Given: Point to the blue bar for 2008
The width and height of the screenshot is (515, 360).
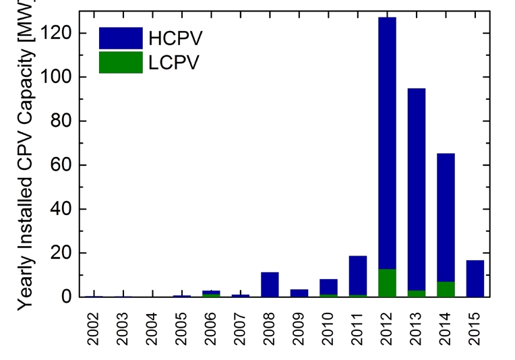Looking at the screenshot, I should pyautogui.click(x=270, y=284).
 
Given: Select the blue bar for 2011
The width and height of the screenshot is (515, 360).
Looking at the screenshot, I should pyautogui.click(x=358, y=276).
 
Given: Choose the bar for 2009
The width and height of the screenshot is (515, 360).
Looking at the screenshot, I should pyautogui.click(x=299, y=293).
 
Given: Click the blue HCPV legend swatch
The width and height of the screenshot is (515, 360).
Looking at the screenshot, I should pyautogui.click(x=121, y=38).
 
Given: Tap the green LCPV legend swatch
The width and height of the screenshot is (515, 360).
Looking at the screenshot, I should pyautogui.click(x=121, y=62).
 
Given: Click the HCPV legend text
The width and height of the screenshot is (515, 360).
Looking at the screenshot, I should pyautogui.click(x=175, y=38).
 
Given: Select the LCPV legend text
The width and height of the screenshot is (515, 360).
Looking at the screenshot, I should pyautogui.click(x=174, y=63).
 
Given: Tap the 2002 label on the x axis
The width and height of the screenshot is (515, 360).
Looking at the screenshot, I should pyautogui.click(x=94, y=328).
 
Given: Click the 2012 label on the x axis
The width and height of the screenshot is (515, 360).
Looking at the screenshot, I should pyautogui.click(x=387, y=328).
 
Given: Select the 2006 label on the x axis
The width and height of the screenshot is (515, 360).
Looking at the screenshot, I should pyautogui.click(x=211, y=328).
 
